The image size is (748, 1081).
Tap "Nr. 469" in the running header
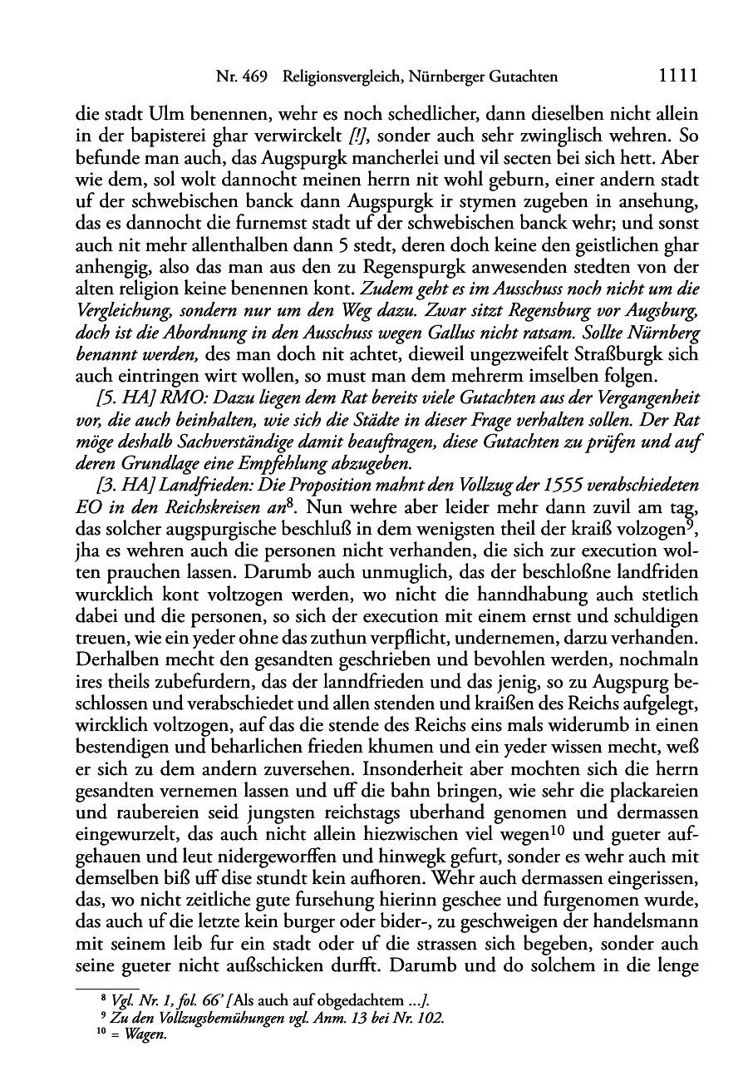tap(241, 77)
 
